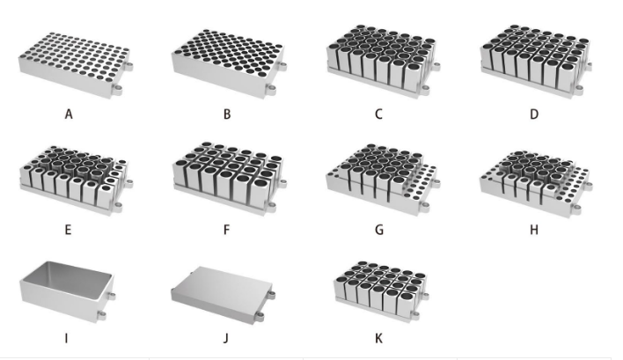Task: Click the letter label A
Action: click(68, 114)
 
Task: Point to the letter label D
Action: click(533, 114)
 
